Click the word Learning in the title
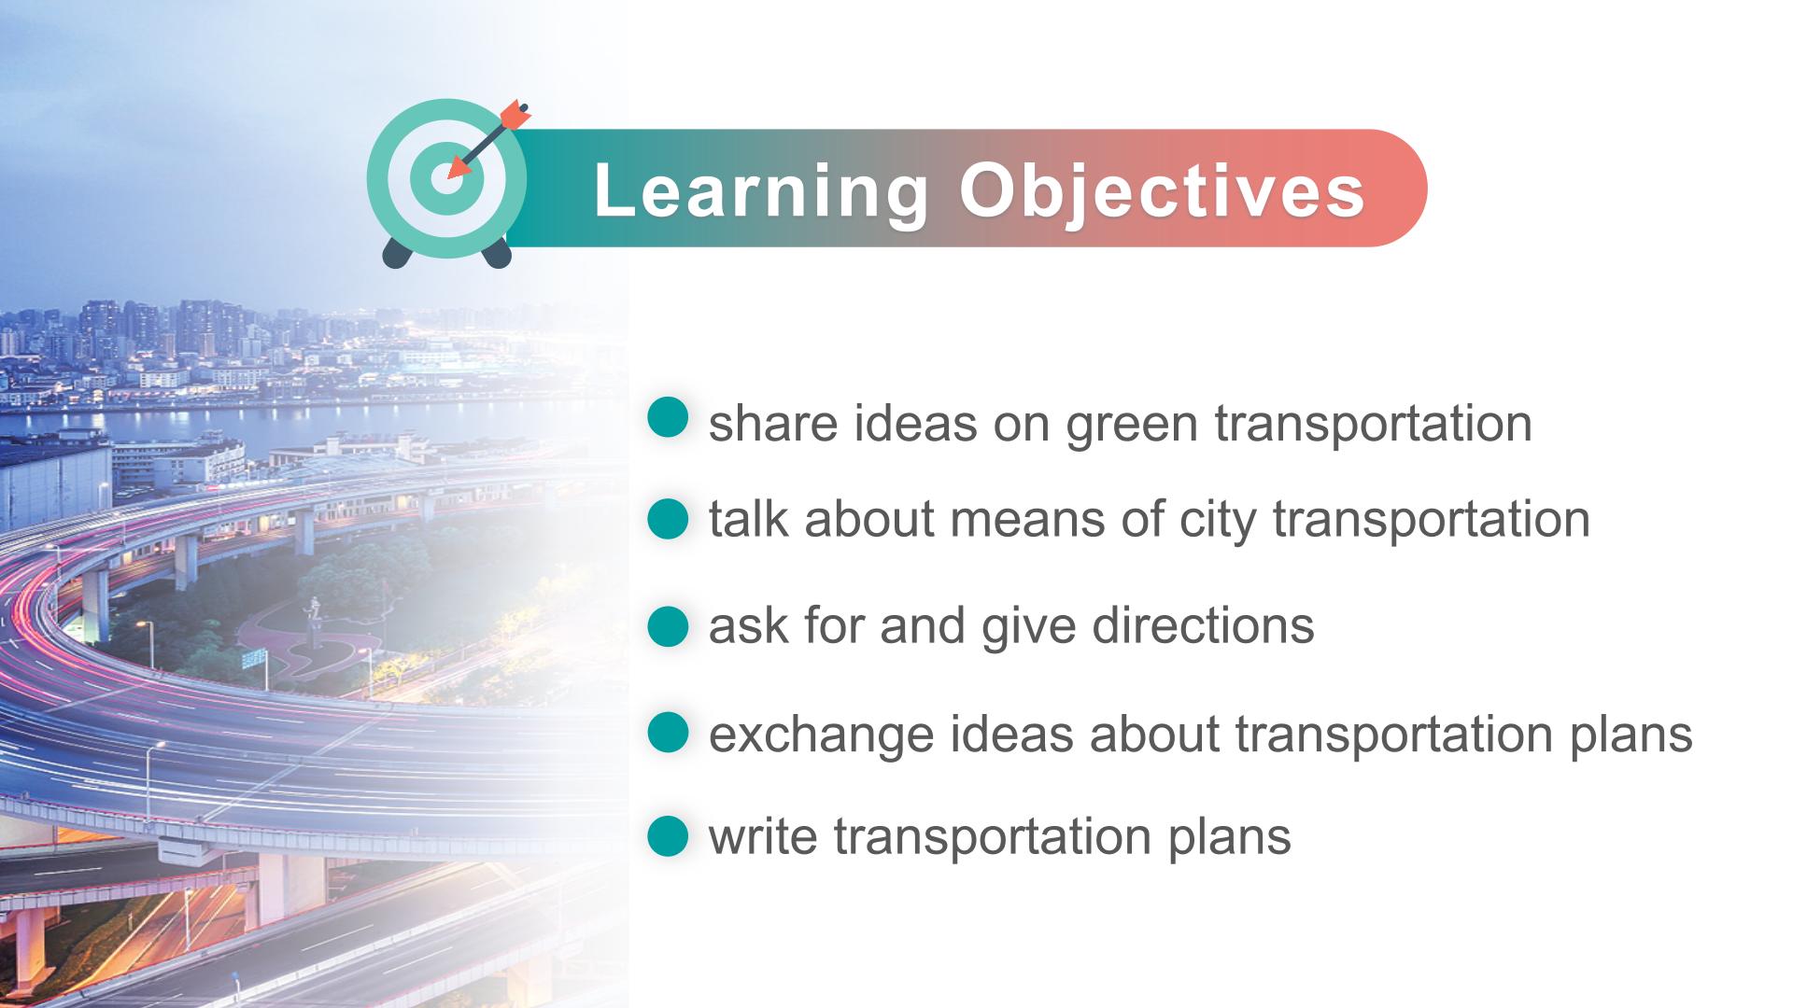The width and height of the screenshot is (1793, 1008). [x=761, y=193]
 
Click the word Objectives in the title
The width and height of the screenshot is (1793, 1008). [x=1163, y=193]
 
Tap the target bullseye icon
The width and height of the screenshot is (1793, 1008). [x=446, y=178]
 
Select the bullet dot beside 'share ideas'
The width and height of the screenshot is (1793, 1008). [x=668, y=417]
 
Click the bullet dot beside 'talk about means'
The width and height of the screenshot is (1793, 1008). [x=668, y=519]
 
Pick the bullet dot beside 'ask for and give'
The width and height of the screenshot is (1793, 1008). [x=668, y=625]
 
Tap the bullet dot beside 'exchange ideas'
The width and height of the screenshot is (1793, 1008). [x=668, y=733]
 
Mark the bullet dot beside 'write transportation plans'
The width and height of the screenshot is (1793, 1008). [x=668, y=836]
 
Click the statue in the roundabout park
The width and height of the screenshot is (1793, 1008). [x=313, y=621]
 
